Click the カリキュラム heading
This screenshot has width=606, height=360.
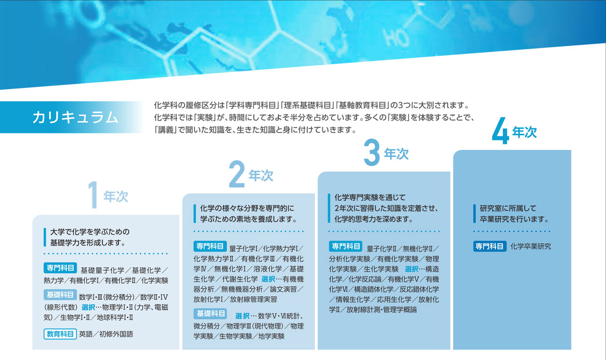(75, 118)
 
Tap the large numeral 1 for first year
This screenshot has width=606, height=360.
(93, 194)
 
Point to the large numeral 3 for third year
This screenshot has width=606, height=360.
(372, 152)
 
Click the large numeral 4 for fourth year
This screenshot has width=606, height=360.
(500, 131)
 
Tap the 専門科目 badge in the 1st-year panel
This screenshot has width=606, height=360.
(60, 268)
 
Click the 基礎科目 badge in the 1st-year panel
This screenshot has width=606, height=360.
(60, 295)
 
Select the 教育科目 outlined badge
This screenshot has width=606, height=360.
(60, 334)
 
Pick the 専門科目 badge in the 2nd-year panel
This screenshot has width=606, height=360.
(210, 246)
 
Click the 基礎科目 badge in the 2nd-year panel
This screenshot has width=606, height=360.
(210, 314)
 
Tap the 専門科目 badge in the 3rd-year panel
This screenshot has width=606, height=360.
(346, 246)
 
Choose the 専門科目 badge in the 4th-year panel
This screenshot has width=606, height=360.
(490, 246)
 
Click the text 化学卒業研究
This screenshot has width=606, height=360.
(531, 246)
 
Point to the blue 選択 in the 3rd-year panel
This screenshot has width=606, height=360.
(411, 269)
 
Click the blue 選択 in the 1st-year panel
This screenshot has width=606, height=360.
(88, 307)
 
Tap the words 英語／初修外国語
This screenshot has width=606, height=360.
(106, 334)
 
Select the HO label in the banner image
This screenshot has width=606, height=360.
(396, 38)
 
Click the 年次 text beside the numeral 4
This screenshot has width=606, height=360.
(524, 132)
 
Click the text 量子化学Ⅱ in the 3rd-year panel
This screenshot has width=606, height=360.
(382, 249)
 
